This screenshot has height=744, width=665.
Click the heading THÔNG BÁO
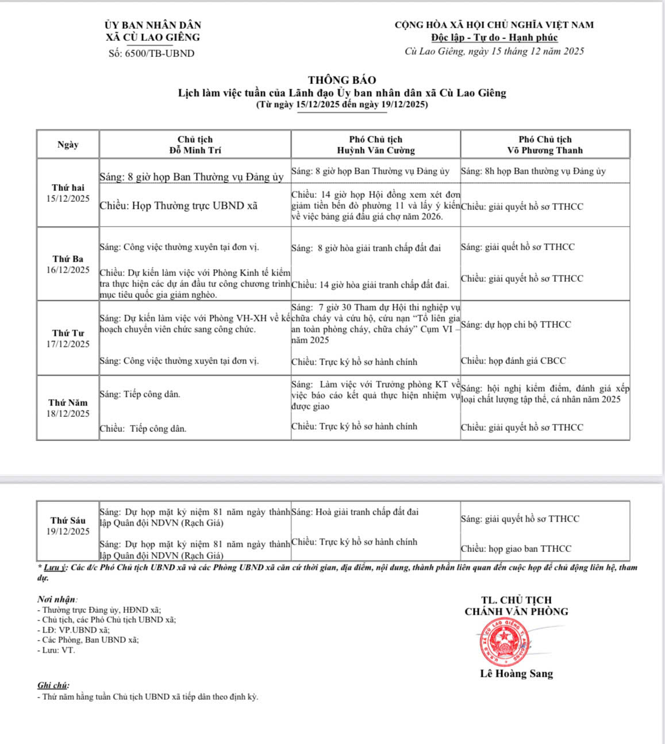point(342,80)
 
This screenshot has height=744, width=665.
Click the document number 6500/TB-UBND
point(152,53)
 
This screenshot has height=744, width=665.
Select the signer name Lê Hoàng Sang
point(516,674)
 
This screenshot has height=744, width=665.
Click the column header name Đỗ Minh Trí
point(195,151)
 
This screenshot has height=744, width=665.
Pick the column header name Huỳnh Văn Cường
point(375,151)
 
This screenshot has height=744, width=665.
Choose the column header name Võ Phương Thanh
point(545,151)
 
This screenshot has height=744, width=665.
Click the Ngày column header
point(68,145)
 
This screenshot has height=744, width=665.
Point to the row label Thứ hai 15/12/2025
point(68,193)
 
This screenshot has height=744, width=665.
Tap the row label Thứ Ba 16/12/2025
point(68,264)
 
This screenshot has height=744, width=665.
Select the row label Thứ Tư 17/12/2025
point(68,339)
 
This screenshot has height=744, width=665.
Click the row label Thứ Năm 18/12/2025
point(68,408)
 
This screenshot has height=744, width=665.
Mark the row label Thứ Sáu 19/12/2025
point(68,526)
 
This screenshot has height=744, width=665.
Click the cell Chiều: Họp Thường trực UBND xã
point(178,206)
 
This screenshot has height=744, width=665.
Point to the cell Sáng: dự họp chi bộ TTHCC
point(516,325)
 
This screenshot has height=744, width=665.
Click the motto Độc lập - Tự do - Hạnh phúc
point(494,38)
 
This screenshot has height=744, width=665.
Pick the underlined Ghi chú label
point(53,685)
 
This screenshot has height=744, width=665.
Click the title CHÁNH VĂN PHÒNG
point(516,612)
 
